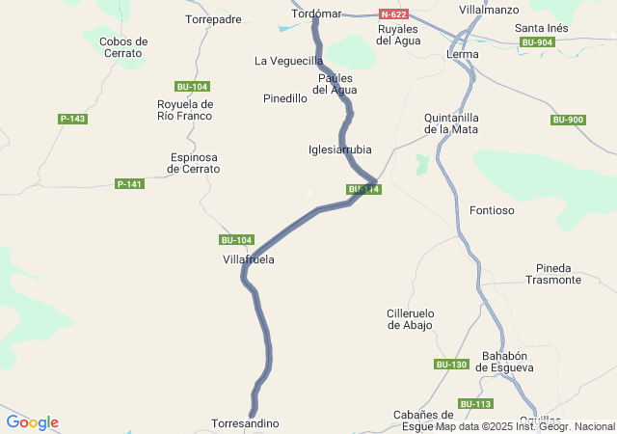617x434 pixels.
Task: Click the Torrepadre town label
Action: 213,19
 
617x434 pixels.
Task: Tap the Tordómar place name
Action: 316,14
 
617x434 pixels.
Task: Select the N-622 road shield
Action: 392,14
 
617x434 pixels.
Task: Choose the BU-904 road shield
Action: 537,42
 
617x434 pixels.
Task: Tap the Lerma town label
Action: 463,54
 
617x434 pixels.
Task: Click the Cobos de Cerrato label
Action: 123,47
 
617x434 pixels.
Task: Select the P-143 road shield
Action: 72,119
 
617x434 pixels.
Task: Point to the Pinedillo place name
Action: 285,98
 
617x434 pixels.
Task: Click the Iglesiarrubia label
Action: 339,149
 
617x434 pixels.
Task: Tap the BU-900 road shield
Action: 568,120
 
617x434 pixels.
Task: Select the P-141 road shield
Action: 129,183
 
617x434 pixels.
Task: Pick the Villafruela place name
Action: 249,259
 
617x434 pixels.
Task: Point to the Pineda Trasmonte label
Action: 553,274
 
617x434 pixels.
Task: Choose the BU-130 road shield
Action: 451,364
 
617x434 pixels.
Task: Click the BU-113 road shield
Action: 476,403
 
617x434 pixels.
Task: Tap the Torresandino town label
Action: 245,423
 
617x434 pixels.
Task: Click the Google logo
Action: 32,422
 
